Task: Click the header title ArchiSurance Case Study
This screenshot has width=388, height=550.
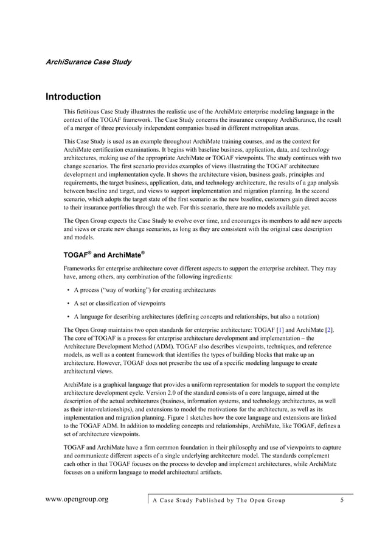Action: (88, 62)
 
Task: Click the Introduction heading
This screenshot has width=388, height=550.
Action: (74, 97)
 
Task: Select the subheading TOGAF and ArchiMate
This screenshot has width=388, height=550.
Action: (104, 254)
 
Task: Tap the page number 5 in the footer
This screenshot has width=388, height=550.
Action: (342, 500)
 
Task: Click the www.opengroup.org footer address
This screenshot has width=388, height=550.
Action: (77, 500)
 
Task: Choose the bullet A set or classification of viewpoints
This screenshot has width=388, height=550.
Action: (119, 303)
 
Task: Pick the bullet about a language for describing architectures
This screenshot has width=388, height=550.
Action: (192, 316)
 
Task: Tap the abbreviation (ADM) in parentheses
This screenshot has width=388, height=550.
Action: (178, 346)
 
